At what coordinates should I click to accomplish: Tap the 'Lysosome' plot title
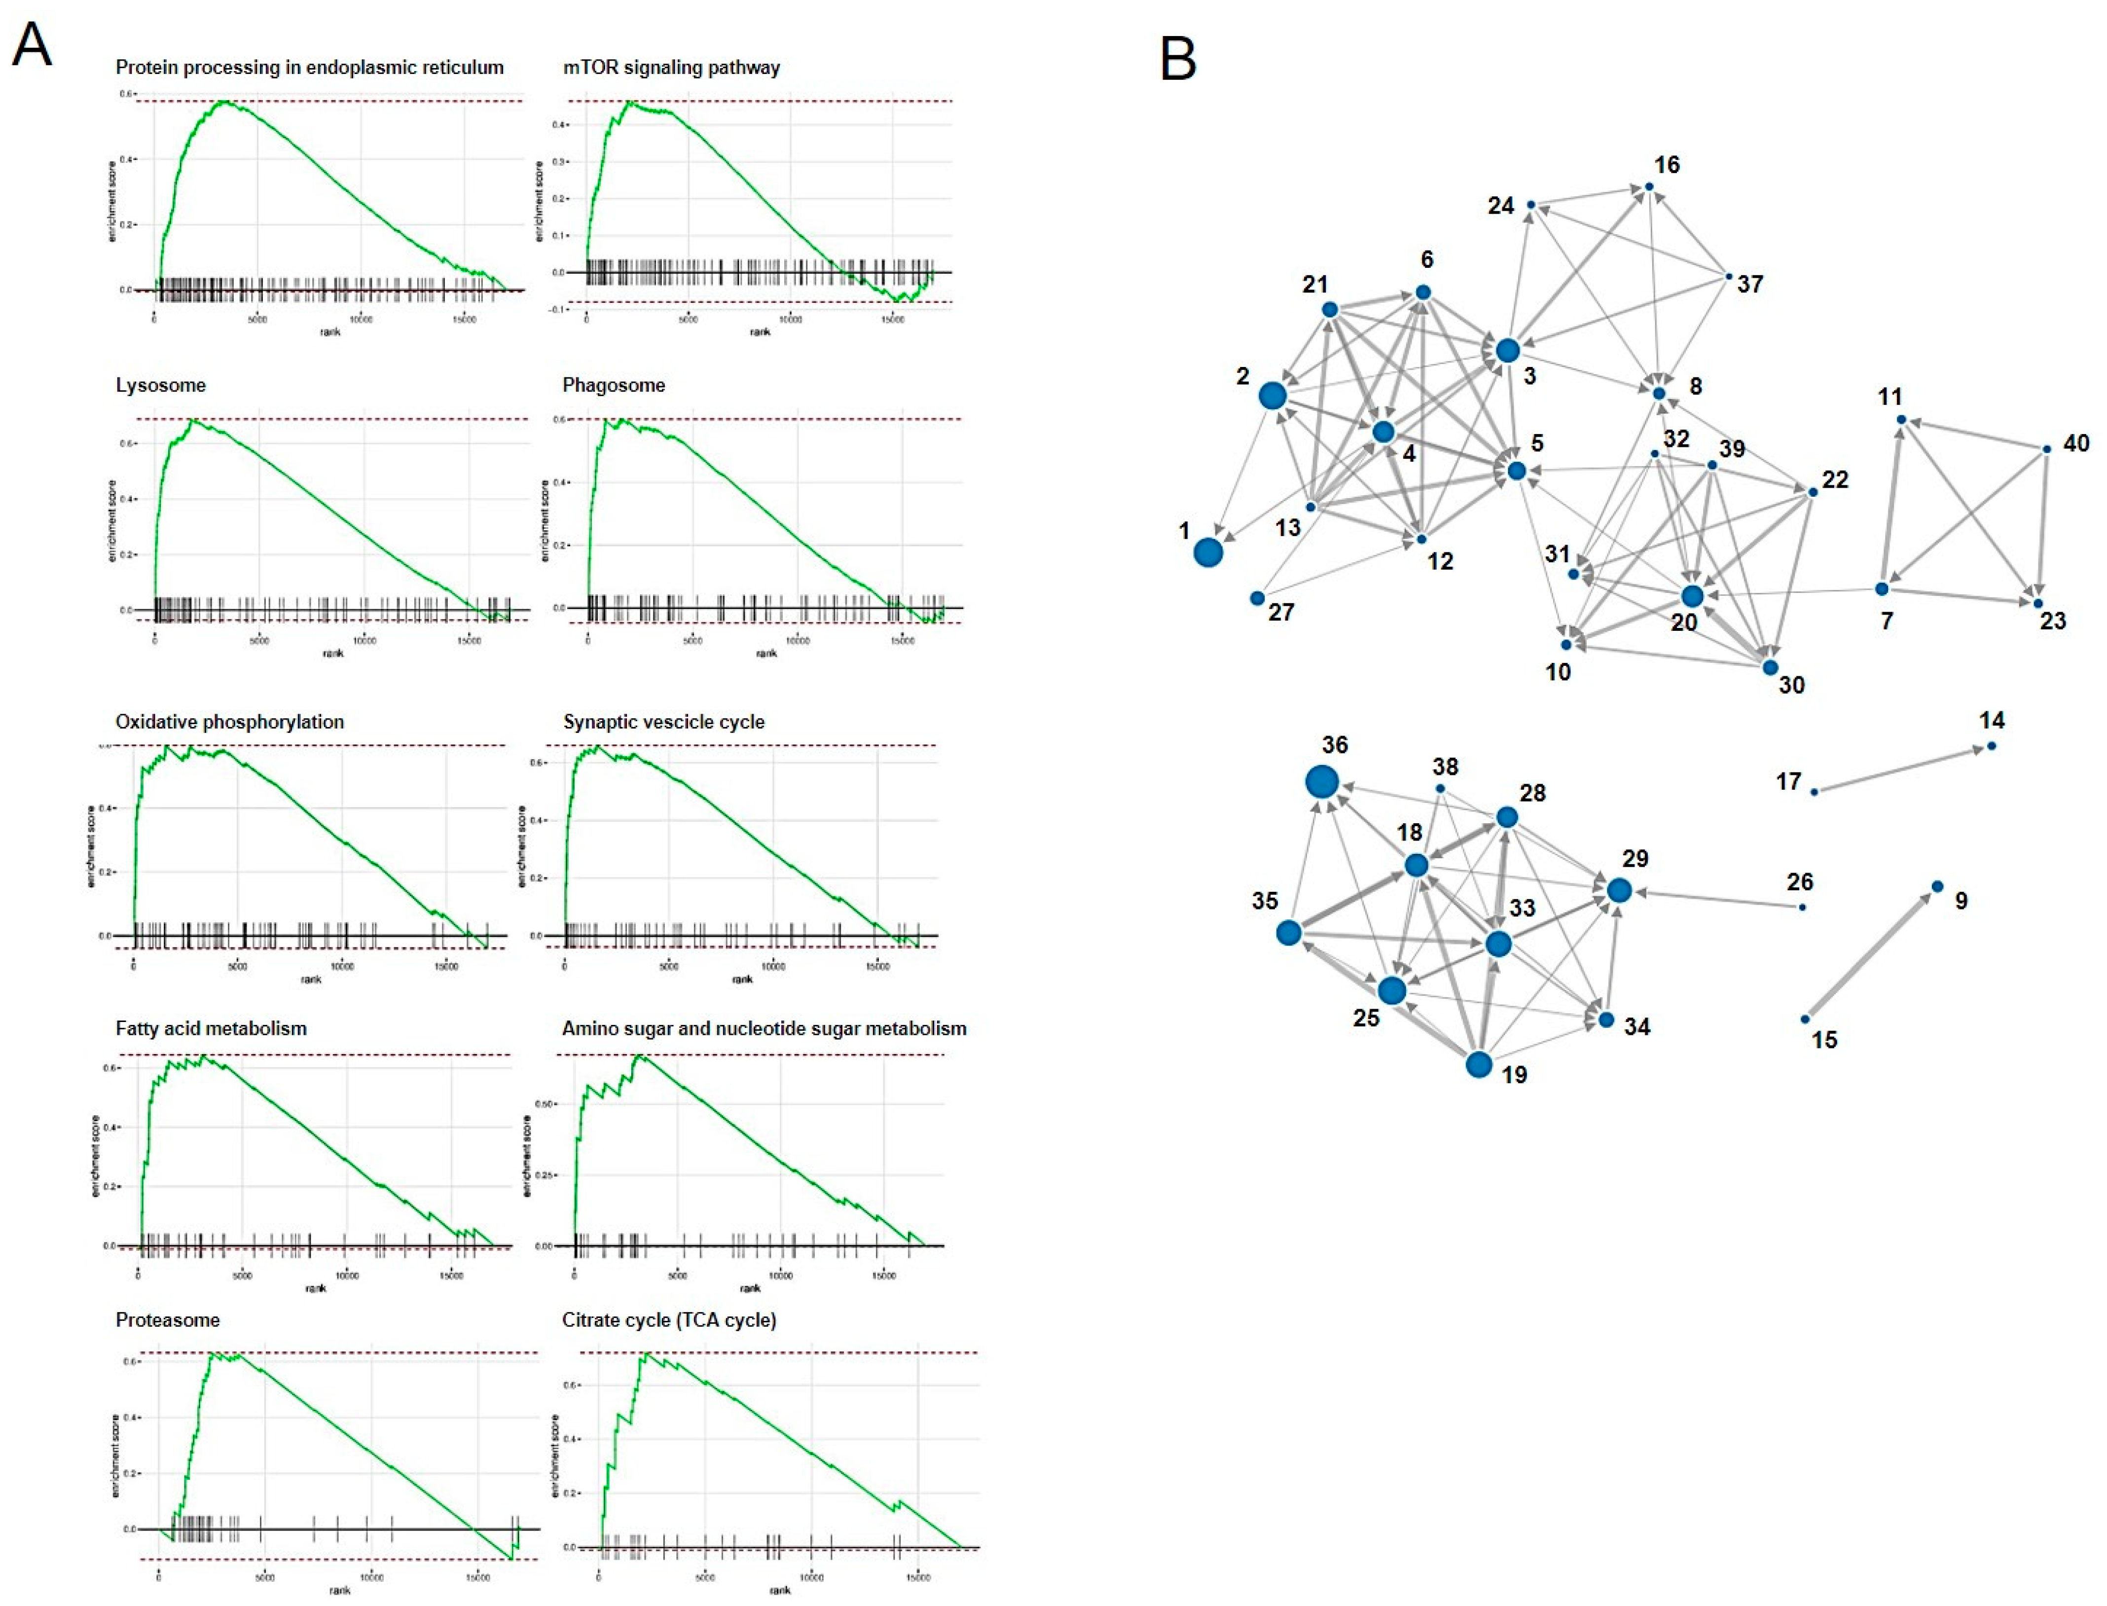pyautogui.click(x=161, y=385)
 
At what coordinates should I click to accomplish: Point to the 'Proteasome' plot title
pyautogui.click(x=167, y=1320)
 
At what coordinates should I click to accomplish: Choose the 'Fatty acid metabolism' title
pyautogui.click(x=211, y=1028)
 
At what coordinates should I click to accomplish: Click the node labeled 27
pyautogui.click(x=1257, y=598)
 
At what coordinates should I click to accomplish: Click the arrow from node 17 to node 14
pyautogui.click(x=1900, y=768)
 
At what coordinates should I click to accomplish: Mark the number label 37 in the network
pyautogui.click(x=1749, y=284)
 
